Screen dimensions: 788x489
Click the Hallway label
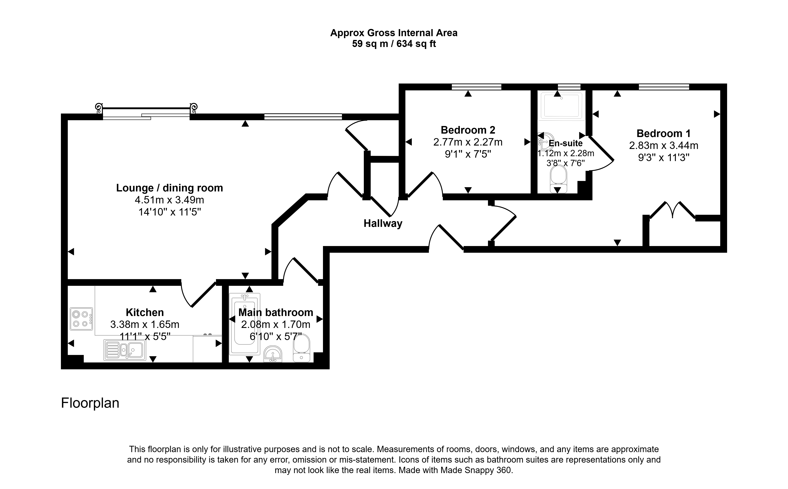click(383, 223)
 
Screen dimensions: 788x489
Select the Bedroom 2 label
click(468, 130)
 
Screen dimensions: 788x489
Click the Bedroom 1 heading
click(663, 133)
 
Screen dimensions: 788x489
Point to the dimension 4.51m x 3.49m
click(169, 200)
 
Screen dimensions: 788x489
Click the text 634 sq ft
click(416, 44)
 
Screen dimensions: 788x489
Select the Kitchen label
click(145, 312)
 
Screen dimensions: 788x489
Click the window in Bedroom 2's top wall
click(476, 87)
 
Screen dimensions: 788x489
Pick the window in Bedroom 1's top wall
click(664, 87)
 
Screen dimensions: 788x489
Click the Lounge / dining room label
click(169, 188)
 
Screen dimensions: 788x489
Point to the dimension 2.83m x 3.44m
click(663, 146)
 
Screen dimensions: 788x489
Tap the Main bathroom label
click(276, 312)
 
